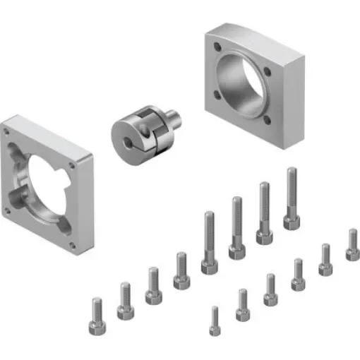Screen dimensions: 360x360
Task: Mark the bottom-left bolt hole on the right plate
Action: click(215, 93)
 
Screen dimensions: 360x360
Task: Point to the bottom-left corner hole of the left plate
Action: click(7, 211)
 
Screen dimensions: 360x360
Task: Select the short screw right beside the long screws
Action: click(181, 271)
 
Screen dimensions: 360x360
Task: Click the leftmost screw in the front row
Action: click(215, 320)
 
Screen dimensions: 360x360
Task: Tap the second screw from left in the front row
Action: click(242, 304)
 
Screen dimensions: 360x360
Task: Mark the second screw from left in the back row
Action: click(125, 301)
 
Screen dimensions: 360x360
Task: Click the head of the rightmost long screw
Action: click(292, 221)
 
